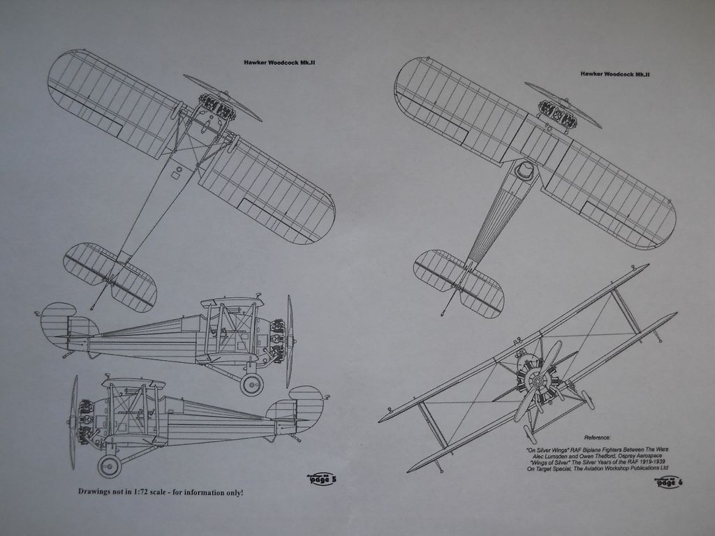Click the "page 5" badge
tap(322, 479)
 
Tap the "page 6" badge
tap(669, 482)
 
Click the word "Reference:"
tap(596, 436)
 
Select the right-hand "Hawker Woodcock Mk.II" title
tap(615, 74)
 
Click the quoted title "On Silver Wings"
tap(556, 450)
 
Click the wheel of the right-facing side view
tap(251, 384)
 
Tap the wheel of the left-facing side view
tap(109, 466)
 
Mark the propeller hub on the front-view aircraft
tap(536, 380)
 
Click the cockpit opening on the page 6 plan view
tap(524, 170)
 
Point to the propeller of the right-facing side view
tap(289, 341)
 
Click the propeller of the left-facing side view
tap(73, 421)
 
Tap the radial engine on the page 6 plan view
tap(557, 114)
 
